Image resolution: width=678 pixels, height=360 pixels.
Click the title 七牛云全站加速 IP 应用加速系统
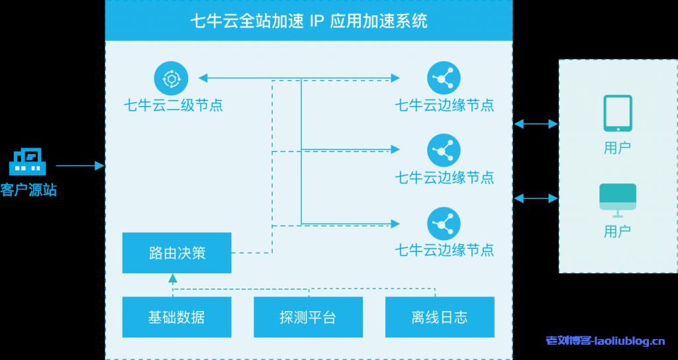click(309, 21)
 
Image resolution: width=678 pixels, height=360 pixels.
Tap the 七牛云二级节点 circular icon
click(171, 78)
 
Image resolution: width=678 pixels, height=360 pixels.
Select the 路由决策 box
click(177, 253)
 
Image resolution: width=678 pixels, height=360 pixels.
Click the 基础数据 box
click(177, 317)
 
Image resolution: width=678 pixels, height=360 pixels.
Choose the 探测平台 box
click(308, 317)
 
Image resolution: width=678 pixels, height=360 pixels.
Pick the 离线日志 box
click(440, 317)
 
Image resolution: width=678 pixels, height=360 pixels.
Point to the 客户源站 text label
click(28, 191)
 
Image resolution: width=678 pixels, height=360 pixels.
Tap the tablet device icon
click(617, 113)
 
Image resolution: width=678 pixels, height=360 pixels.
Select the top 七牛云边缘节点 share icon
click(444, 78)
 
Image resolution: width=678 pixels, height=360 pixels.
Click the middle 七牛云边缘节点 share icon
click(444, 151)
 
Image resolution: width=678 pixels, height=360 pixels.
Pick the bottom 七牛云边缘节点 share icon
click(444, 224)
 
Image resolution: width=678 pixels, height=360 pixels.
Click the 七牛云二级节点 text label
click(173, 105)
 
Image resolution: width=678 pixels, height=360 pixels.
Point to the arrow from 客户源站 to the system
click(79, 165)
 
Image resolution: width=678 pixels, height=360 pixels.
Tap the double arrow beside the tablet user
click(536, 124)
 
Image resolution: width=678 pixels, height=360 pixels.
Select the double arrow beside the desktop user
click(536, 198)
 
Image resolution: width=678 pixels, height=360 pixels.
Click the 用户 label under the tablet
click(617, 148)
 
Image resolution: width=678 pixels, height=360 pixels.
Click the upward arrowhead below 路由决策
click(173, 279)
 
